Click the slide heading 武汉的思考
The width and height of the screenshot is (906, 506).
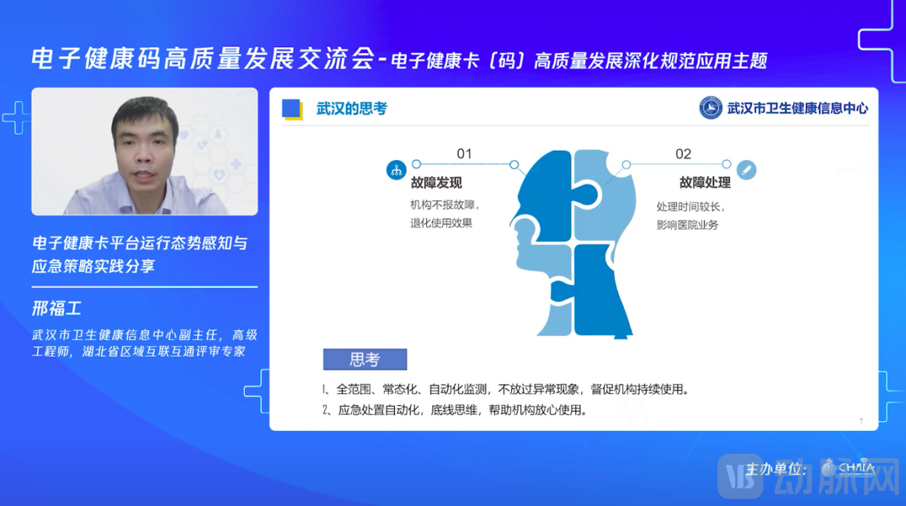pos(351,109)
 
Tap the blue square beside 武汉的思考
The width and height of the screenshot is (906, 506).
pos(291,109)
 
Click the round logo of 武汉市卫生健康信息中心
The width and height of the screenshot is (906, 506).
pos(710,108)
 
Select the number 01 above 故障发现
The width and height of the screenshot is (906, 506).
pos(464,154)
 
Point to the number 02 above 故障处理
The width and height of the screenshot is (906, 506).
pos(683,154)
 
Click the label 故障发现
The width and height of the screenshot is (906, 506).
pos(436,183)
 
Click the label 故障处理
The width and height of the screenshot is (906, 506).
pos(705,183)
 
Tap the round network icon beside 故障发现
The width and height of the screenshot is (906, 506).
pos(396,170)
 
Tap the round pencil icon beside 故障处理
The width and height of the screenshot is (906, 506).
pos(746,170)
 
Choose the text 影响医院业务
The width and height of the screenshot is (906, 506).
pos(687,224)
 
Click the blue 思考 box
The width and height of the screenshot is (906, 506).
pos(365,359)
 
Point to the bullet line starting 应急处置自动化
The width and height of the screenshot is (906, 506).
pos(455,410)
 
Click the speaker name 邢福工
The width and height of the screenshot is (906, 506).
pos(57,309)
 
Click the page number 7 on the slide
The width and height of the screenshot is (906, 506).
pos(861,422)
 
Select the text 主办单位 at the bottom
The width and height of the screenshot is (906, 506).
pos(776,470)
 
